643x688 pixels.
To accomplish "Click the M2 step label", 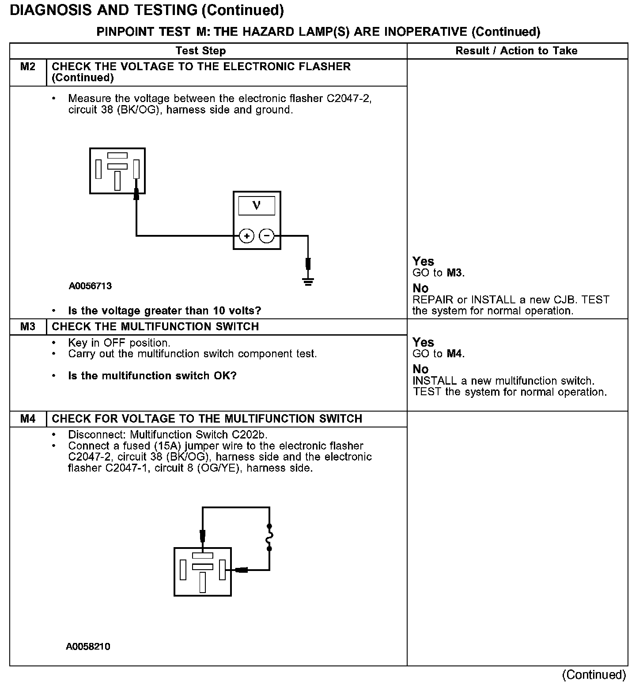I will pyautogui.click(x=28, y=67).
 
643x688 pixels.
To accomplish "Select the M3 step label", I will pyautogui.click(x=28, y=327).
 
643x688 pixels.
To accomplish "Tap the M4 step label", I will pyautogui.click(x=28, y=419).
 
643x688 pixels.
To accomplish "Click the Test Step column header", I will pyautogui.click(x=200, y=51).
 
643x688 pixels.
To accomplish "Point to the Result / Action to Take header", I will pyautogui.click(x=516, y=51).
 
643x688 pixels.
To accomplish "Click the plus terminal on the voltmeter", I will pyautogui.click(x=246, y=236).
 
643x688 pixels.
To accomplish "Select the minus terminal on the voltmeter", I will pyautogui.click(x=266, y=236).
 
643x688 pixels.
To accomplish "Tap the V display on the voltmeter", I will pyautogui.click(x=257, y=205).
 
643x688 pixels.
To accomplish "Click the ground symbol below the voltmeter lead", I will pyautogui.click(x=308, y=281).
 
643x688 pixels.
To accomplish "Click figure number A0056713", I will pyautogui.click(x=90, y=286).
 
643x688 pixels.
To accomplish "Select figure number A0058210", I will pyautogui.click(x=88, y=647).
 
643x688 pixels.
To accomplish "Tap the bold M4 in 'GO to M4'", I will pyautogui.click(x=455, y=354).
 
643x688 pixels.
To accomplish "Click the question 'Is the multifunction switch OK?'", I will pyautogui.click(x=152, y=376).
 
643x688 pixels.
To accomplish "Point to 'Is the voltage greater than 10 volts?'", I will pyautogui.click(x=164, y=311).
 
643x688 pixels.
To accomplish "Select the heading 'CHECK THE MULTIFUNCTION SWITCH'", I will pyautogui.click(x=155, y=327).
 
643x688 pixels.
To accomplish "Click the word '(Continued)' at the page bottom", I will pyautogui.click(x=594, y=675).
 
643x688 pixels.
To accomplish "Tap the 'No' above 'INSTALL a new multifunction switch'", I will pyautogui.click(x=420, y=369).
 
